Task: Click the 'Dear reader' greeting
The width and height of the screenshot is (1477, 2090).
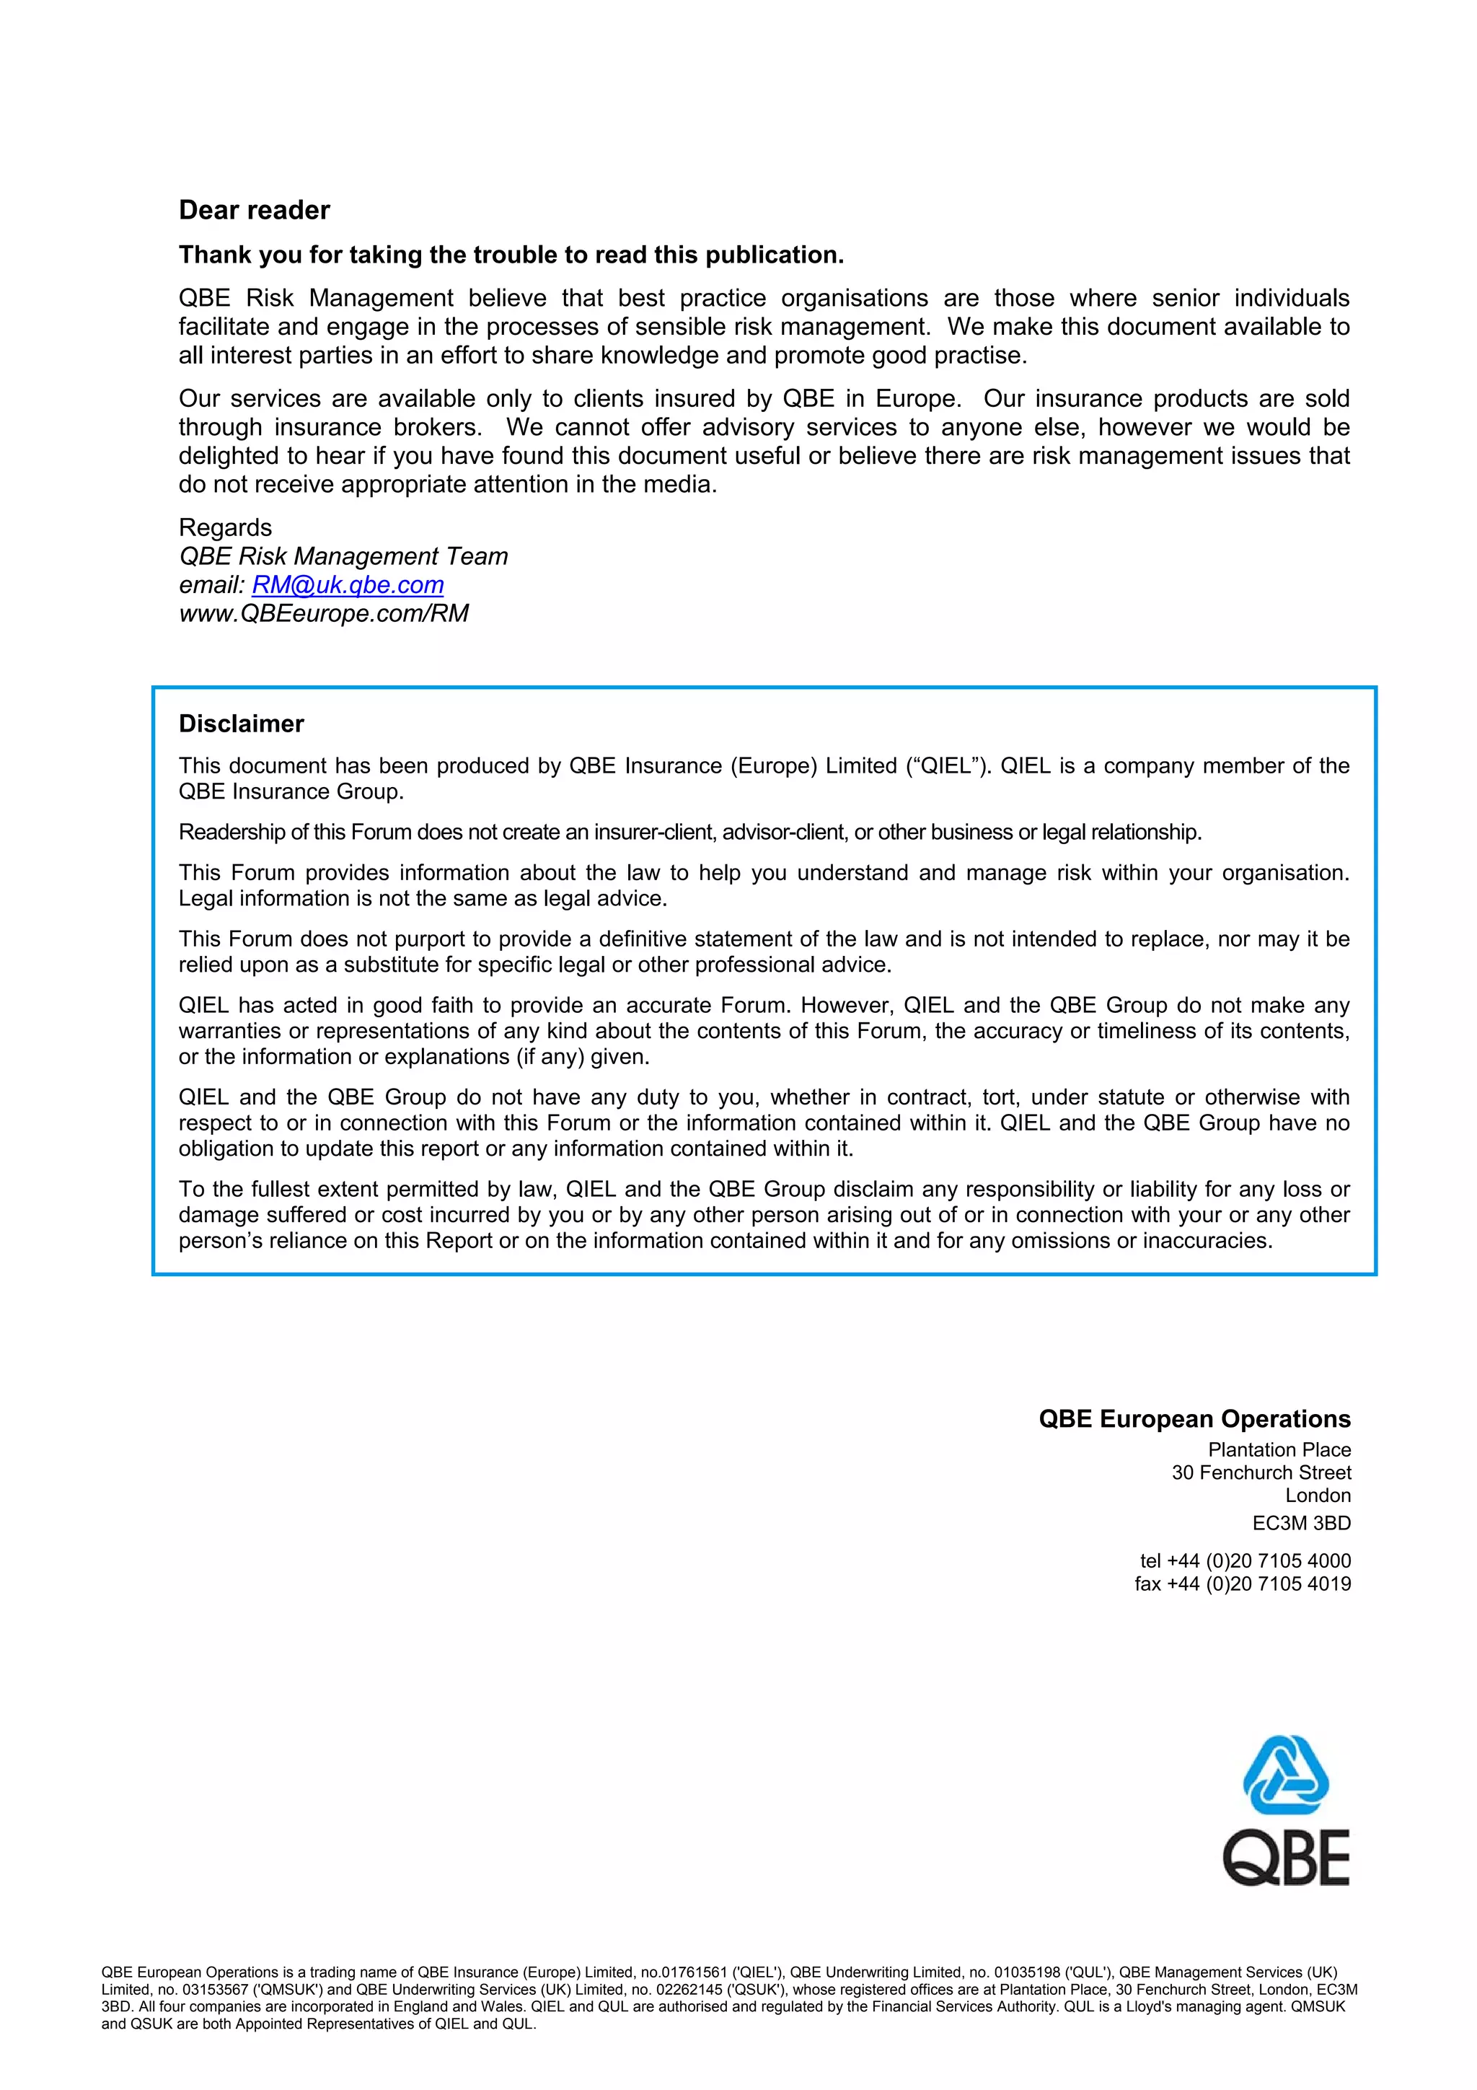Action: [254, 210]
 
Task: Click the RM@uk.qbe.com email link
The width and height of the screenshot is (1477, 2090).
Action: [348, 584]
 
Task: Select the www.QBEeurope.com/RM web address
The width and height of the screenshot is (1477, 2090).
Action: [324, 613]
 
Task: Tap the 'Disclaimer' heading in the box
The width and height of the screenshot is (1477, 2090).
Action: [241, 724]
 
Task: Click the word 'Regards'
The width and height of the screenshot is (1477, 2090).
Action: [225, 528]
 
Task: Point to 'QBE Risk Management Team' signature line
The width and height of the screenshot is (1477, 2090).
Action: [343, 556]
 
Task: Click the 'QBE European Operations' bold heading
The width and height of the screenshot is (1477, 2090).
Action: [1194, 1419]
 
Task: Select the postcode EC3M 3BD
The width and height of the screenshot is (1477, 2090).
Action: [1301, 1523]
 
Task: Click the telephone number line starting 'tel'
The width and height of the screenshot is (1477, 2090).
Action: [1245, 1561]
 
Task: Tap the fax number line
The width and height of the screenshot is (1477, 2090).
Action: [1242, 1584]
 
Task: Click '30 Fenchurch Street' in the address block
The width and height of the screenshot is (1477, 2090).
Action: [1261, 1473]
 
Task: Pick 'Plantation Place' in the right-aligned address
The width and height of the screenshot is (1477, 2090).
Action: [1279, 1450]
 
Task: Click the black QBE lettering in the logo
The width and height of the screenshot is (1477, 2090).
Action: [1285, 1859]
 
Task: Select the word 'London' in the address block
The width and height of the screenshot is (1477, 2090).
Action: [1318, 1496]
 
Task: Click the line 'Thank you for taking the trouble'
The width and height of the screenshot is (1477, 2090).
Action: [511, 255]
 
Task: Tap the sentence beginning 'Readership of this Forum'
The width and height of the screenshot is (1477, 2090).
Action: [689, 832]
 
